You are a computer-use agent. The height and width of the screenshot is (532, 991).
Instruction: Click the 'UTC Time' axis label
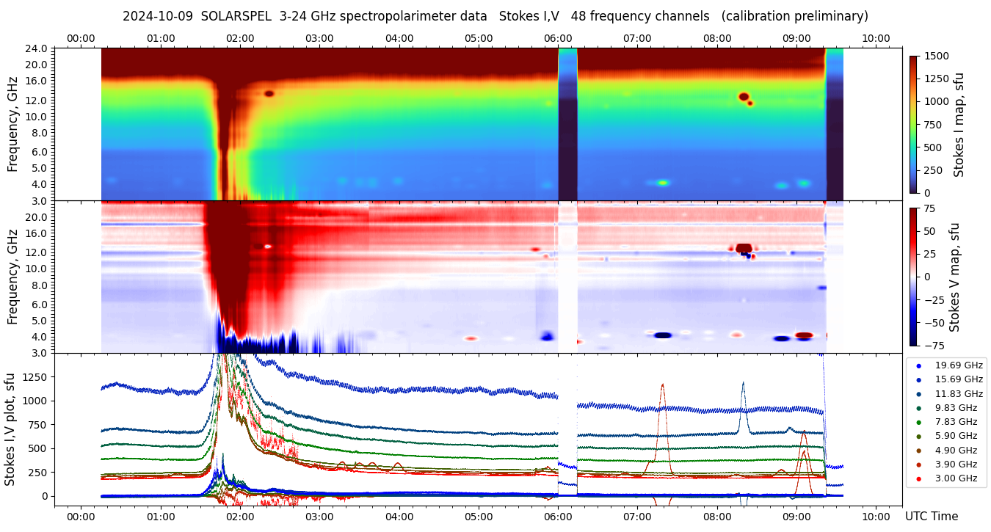coord(932,517)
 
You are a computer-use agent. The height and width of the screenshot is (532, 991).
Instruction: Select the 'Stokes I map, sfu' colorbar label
coord(959,125)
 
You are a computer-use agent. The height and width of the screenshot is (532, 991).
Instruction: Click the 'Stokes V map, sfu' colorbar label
coord(954,277)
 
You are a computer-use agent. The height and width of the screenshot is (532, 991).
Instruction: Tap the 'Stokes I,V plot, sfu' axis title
coord(10,429)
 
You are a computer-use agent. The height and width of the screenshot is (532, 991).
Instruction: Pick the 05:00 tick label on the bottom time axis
coord(479,517)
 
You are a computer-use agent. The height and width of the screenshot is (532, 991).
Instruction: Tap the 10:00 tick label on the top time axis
coord(876,38)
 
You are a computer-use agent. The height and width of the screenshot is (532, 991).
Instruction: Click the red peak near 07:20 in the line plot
coord(663,385)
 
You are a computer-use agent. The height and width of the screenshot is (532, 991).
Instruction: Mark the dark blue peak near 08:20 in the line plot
coord(743,383)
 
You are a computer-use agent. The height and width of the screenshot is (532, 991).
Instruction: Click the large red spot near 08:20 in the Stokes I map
coord(744,96)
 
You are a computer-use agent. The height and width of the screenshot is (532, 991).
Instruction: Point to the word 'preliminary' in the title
coord(833,16)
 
